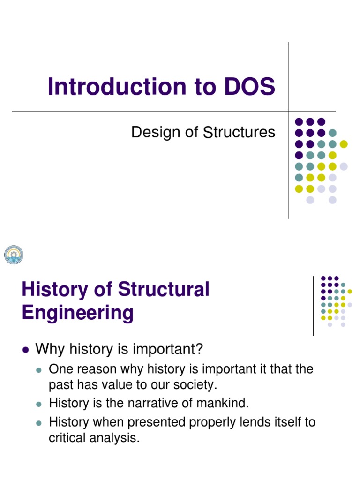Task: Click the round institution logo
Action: pyautogui.click(x=14, y=255)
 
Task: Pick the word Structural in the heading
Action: pyautogui.click(x=164, y=289)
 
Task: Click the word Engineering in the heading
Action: pyautogui.click(x=77, y=312)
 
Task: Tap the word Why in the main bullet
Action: pyautogui.click(x=49, y=349)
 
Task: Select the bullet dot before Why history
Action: pyautogui.click(x=26, y=349)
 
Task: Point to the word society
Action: pyautogui.click(x=194, y=385)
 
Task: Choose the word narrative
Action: pyautogui.click(x=153, y=403)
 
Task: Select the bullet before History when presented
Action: pyautogui.click(x=39, y=422)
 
